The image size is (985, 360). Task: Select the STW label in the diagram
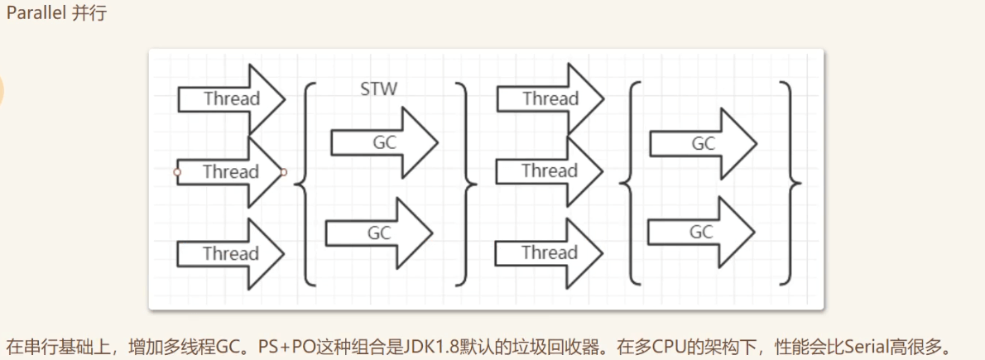(x=378, y=89)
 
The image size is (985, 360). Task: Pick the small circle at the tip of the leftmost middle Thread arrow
(x=284, y=172)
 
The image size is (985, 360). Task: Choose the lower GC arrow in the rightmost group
(x=701, y=233)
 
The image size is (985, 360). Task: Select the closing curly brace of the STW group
(x=468, y=181)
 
